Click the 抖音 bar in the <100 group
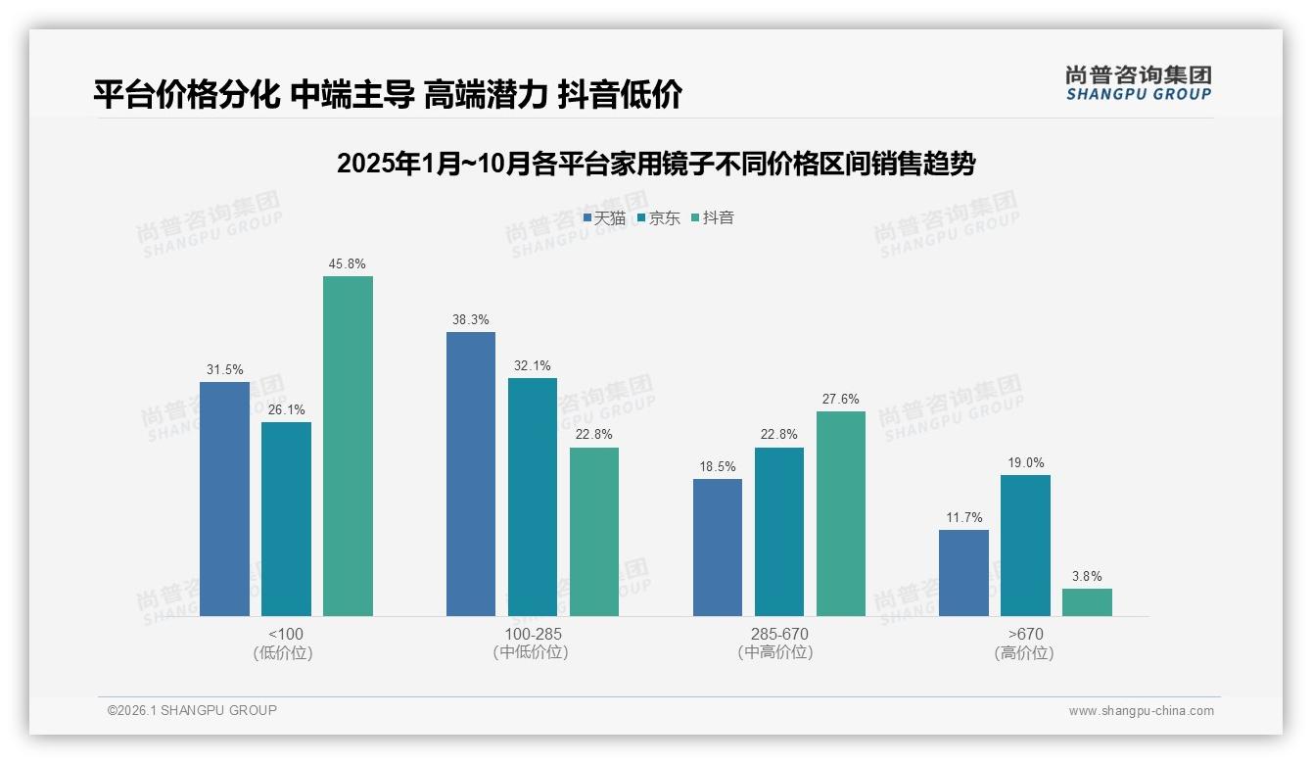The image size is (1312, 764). click(348, 446)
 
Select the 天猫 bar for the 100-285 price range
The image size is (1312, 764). click(471, 474)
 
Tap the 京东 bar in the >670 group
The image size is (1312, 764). click(1025, 546)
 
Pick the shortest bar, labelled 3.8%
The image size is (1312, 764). click(1087, 602)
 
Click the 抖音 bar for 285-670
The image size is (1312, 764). click(840, 513)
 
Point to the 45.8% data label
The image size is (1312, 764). click(348, 264)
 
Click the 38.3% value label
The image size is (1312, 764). click(471, 320)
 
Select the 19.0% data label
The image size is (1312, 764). click(1025, 463)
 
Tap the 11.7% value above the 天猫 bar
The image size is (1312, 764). click(964, 518)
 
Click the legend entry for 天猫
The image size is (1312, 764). click(604, 218)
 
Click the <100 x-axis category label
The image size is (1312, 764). click(286, 634)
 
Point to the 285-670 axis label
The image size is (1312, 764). click(778, 634)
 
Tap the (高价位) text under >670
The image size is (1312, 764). click(1024, 652)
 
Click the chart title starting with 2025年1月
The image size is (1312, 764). click(655, 164)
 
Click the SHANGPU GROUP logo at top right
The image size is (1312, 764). click(1138, 83)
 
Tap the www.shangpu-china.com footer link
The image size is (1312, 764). click(1141, 711)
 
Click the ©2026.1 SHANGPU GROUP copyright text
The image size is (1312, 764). click(192, 710)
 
